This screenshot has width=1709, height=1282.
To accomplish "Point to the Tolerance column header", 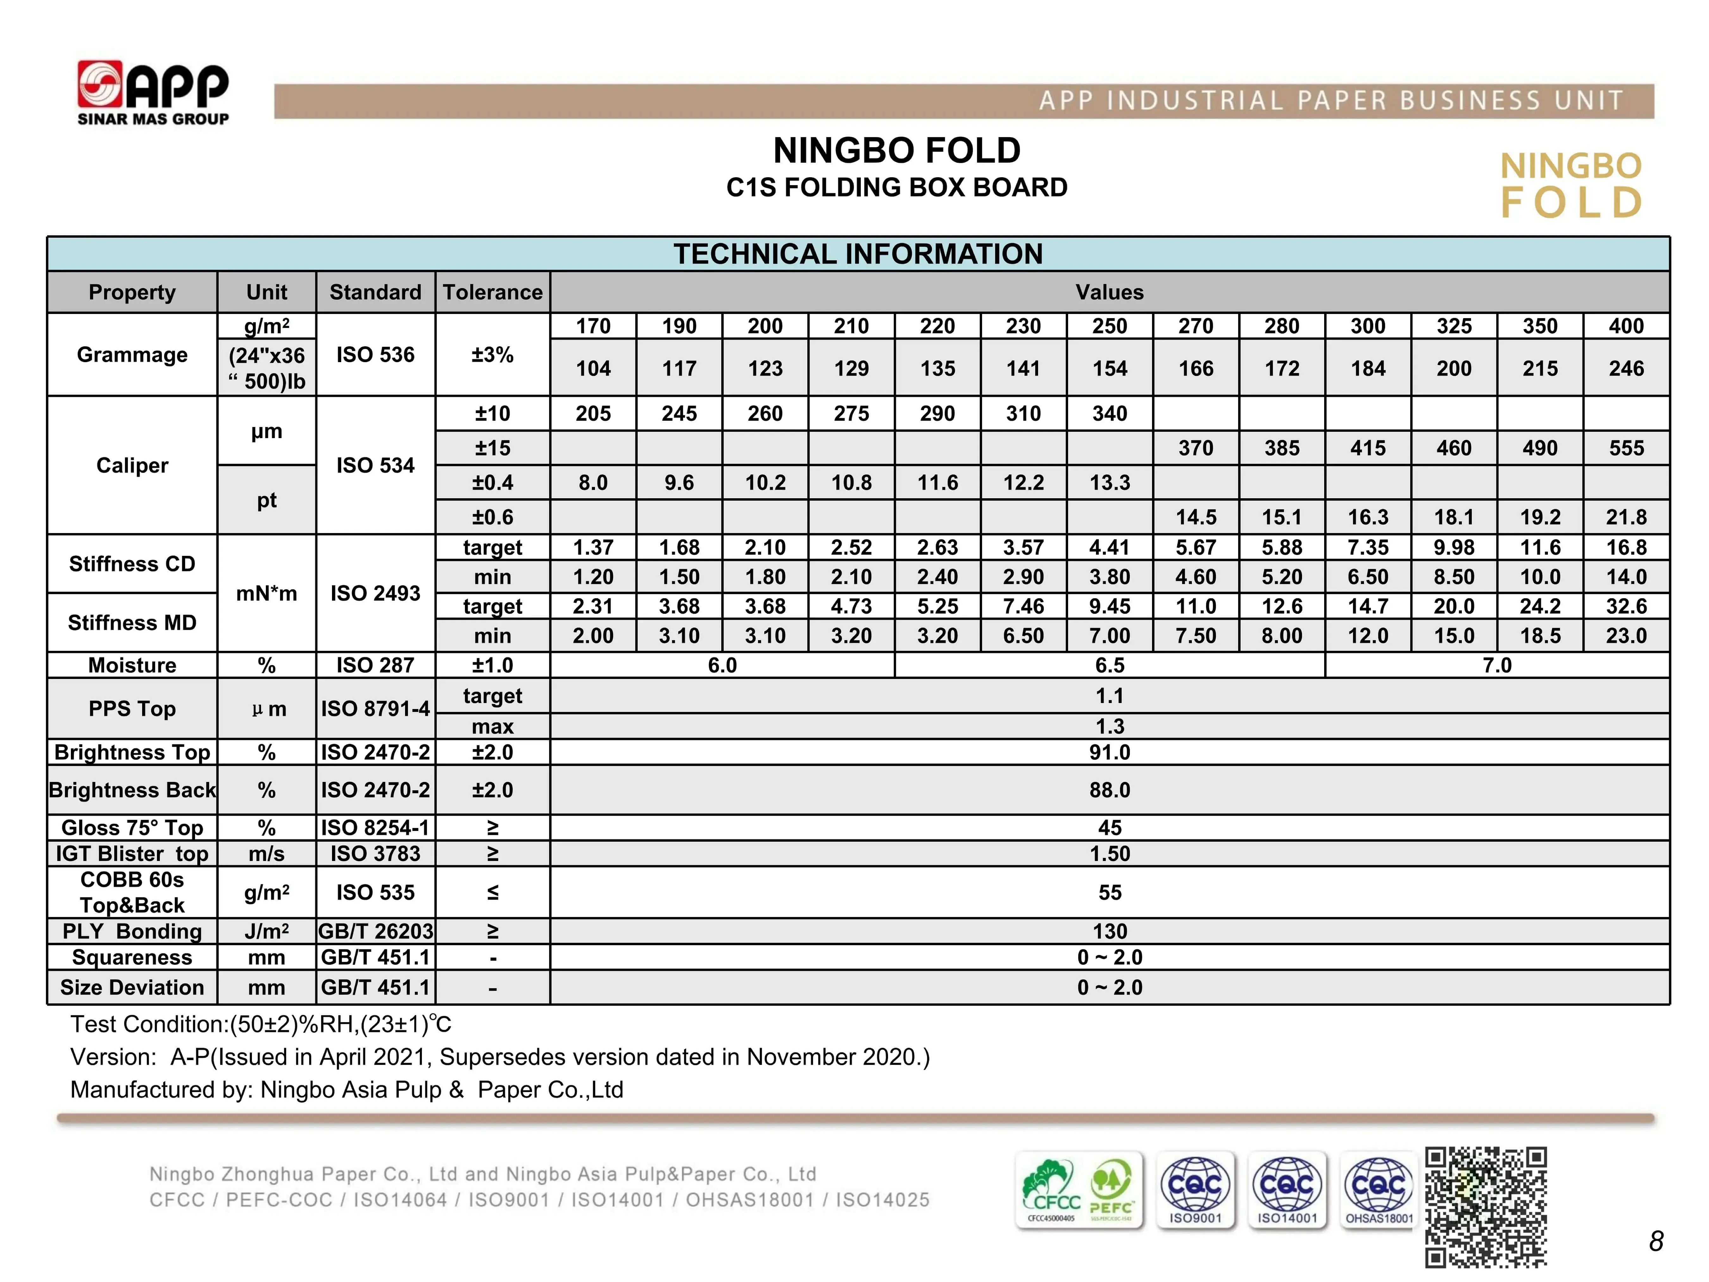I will (492, 292).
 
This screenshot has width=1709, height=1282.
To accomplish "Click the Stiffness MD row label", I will (132, 623).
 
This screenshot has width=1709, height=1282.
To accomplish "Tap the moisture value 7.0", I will (1497, 665).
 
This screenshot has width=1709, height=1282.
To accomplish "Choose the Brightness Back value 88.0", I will (1110, 790).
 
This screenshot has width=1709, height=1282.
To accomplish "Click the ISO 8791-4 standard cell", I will (375, 709).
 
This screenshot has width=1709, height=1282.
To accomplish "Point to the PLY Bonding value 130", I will (1110, 931).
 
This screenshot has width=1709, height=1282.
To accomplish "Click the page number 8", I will (1656, 1241).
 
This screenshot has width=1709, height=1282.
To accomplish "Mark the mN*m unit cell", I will (266, 594).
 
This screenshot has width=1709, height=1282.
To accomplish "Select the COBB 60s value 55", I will (1110, 893).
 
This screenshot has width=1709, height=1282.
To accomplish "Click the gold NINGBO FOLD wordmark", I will (1571, 185).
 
